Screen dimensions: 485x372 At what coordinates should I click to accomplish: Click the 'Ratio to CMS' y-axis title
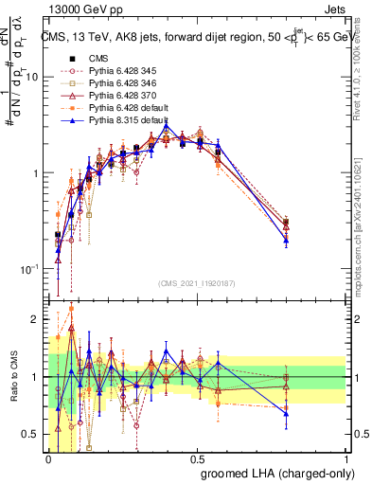pyautogui.click(x=12, y=378)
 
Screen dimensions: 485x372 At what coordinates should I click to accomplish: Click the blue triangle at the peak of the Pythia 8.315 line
pyautogui.click(x=166, y=125)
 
